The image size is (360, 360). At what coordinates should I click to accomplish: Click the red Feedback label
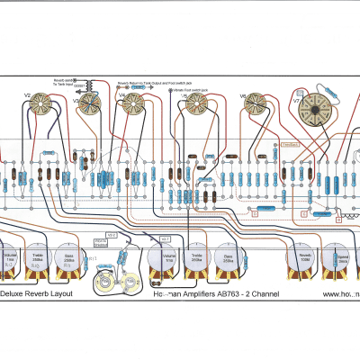(x=292, y=144)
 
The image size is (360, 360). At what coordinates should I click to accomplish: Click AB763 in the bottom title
(x=229, y=294)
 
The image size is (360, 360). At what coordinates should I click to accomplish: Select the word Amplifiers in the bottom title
(x=193, y=294)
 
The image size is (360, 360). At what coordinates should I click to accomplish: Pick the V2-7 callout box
(x=166, y=238)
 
